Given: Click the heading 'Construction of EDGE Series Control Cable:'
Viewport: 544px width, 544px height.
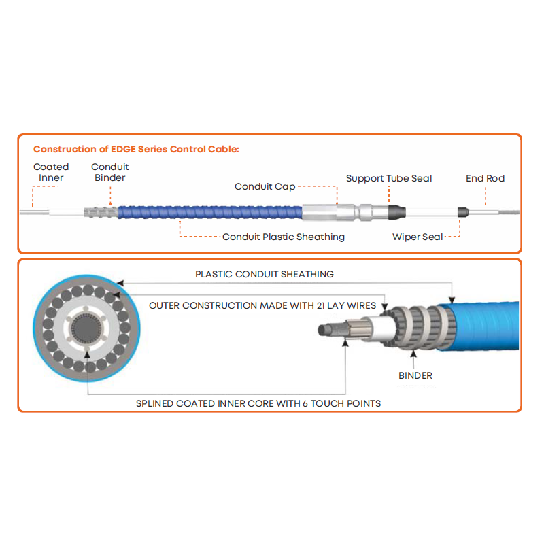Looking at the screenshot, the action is click(x=136, y=149).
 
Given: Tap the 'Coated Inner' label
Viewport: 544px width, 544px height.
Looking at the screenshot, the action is click(x=51, y=172).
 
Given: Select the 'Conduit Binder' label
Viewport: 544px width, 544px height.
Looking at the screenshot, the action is click(x=110, y=172).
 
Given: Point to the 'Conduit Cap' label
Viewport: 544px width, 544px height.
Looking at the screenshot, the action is click(x=265, y=186).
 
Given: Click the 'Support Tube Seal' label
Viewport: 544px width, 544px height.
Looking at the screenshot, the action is click(x=389, y=178).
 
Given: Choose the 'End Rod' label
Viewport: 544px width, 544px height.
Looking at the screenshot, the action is click(x=485, y=178).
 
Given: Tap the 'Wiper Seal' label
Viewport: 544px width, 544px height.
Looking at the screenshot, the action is click(x=418, y=237).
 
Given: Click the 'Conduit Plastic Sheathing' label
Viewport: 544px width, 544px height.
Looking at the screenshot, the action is click(x=284, y=237).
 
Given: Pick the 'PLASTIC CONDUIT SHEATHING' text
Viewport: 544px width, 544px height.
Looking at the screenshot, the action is click(x=265, y=274).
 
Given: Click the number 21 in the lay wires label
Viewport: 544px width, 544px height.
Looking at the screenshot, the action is click(x=320, y=305).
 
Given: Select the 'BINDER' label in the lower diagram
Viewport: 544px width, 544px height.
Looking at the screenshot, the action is click(x=415, y=375).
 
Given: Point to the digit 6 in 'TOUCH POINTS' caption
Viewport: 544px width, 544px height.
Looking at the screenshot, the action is click(x=305, y=403).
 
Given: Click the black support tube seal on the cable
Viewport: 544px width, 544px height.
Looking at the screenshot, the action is click(x=397, y=212).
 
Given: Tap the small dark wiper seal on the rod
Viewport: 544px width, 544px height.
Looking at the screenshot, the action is click(x=463, y=212).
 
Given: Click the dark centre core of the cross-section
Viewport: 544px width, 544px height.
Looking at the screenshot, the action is click(x=86, y=328).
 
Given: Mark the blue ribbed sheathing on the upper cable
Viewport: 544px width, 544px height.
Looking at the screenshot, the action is click(x=210, y=212).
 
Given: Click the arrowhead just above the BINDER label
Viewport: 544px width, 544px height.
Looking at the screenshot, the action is click(x=413, y=354).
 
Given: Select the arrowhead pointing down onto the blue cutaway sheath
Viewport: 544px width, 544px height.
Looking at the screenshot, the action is click(x=452, y=300).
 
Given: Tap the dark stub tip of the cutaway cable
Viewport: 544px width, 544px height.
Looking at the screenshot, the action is click(x=324, y=330).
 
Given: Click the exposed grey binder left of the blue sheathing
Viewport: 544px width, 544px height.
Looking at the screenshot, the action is click(x=100, y=212).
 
